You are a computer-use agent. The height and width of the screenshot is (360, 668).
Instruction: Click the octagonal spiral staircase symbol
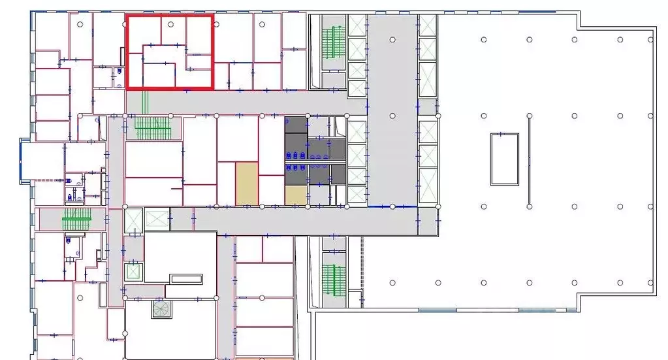pyautogui.click(x=161, y=309)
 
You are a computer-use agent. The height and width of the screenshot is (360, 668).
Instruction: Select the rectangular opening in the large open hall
pyautogui.click(x=505, y=159)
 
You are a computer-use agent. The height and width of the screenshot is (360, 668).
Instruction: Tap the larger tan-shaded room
pyautogui.click(x=247, y=184)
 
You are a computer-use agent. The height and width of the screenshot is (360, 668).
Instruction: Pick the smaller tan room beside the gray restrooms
pyautogui.click(x=295, y=195)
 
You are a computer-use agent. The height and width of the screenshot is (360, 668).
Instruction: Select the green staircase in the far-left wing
pyautogui.click(x=77, y=220)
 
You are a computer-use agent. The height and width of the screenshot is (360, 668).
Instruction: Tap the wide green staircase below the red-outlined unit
pyautogui.click(x=153, y=127)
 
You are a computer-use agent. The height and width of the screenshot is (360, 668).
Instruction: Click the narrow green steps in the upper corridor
pyautogui.click(x=145, y=102)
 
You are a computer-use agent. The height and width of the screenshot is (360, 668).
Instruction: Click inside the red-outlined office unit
pyautogui.click(x=170, y=52)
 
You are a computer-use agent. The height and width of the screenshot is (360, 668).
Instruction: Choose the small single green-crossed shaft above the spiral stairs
pyautogui.click(x=134, y=270)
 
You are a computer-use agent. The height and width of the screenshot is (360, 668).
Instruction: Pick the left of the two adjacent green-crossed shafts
pyautogui.click(x=134, y=220)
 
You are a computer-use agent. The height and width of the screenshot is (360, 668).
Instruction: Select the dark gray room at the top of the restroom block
pyautogui.click(x=295, y=124)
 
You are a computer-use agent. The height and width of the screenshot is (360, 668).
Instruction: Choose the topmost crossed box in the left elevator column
pyautogui.click(x=357, y=27)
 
